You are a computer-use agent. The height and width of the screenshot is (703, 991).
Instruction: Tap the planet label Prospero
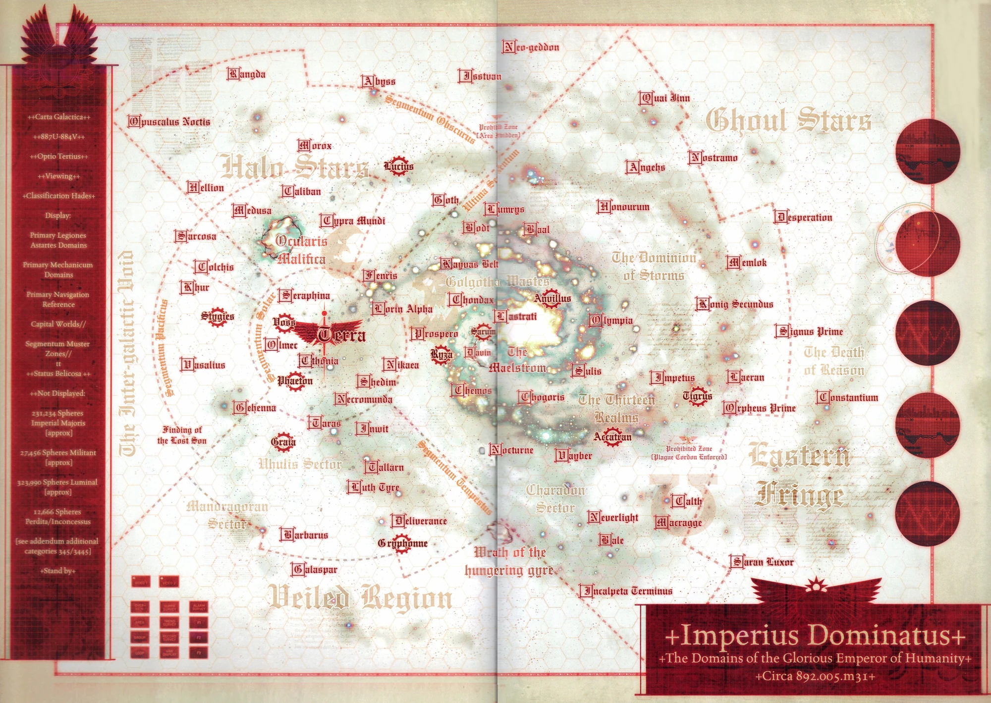(435, 334)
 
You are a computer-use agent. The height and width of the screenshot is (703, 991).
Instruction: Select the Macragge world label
(678, 522)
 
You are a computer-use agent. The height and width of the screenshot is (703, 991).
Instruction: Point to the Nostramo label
(713, 158)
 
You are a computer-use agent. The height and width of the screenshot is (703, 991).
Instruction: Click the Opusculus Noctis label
(169, 121)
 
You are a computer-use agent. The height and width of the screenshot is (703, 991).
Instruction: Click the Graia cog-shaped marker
(283, 441)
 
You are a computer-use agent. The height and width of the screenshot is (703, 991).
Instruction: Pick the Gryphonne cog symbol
(403, 543)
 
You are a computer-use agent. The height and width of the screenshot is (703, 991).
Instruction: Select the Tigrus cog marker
(697, 396)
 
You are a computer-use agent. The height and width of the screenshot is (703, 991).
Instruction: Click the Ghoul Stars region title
(788, 120)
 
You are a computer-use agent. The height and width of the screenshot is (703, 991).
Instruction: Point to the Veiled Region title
(360, 597)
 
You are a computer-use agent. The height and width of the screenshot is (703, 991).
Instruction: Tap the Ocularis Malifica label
(301, 250)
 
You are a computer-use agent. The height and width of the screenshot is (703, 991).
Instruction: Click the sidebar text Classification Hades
(58, 196)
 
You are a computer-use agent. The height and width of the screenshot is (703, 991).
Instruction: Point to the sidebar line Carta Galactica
(59, 117)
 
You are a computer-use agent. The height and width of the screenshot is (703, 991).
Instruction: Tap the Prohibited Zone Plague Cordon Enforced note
(689, 453)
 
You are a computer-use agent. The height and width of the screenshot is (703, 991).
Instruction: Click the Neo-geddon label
(531, 47)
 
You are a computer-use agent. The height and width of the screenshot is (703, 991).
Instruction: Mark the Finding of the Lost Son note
(182, 435)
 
